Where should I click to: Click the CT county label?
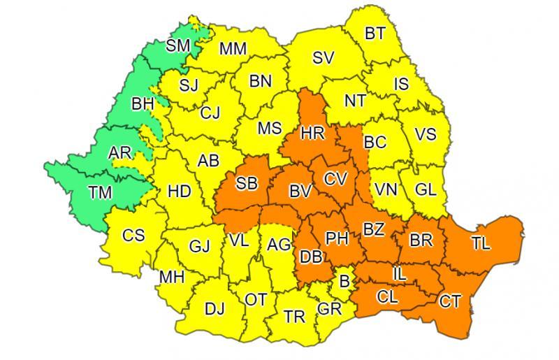[x=449, y=301]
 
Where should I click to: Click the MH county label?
[x=171, y=276]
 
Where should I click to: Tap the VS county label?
[x=426, y=134]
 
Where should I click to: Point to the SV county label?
[x=323, y=58]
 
